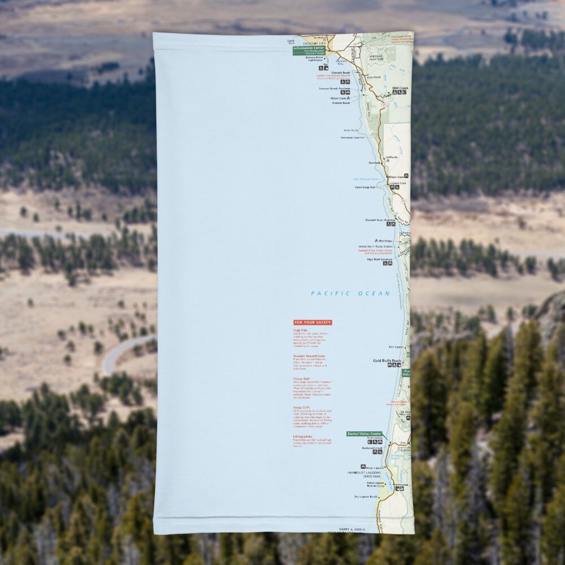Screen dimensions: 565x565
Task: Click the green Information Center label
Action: pos(308,49)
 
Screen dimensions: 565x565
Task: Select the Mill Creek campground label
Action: pos(399,89)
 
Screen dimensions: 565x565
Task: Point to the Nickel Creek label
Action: pos(339,98)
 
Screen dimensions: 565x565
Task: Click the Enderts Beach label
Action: pos(341,103)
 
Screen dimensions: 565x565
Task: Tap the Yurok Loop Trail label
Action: pos(364,187)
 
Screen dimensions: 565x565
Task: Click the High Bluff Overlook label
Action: pos(379,259)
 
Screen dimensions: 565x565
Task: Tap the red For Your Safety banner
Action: pos(312,323)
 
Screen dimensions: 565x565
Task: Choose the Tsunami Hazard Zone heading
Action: pos(309,356)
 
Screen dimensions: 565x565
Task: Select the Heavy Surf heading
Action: pos(301,379)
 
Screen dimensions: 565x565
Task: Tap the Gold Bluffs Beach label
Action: pos(386,360)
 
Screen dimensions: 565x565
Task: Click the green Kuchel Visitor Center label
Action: pos(364,434)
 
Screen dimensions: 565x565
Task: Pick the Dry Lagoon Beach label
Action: pos(366,496)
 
